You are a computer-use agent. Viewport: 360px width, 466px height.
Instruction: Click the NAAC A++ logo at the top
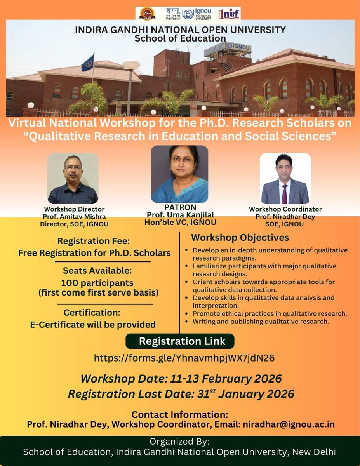click(x=148, y=14)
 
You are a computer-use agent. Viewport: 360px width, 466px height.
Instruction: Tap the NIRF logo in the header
click(x=229, y=14)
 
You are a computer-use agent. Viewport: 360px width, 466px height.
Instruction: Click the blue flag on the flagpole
click(x=88, y=63)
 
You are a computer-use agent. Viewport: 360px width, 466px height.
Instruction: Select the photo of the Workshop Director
click(x=73, y=179)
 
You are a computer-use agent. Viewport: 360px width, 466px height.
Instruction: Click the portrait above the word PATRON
click(x=179, y=174)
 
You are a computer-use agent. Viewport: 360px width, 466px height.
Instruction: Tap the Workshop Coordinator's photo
click(x=285, y=179)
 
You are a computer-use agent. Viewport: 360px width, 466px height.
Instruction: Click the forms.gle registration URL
click(x=184, y=358)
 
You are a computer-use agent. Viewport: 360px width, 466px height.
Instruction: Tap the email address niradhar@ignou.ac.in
click(x=289, y=424)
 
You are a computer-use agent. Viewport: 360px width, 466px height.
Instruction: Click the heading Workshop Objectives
click(x=240, y=237)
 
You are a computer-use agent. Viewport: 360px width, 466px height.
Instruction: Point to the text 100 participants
click(x=97, y=283)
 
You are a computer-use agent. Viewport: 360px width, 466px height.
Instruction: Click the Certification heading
click(x=93, y=312)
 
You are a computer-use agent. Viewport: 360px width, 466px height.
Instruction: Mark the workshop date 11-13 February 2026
click(x=181, y=378)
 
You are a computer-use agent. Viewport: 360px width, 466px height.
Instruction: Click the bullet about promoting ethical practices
click(x=270, y=313)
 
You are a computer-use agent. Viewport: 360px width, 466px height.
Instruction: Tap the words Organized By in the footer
click(x=180, y=442)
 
